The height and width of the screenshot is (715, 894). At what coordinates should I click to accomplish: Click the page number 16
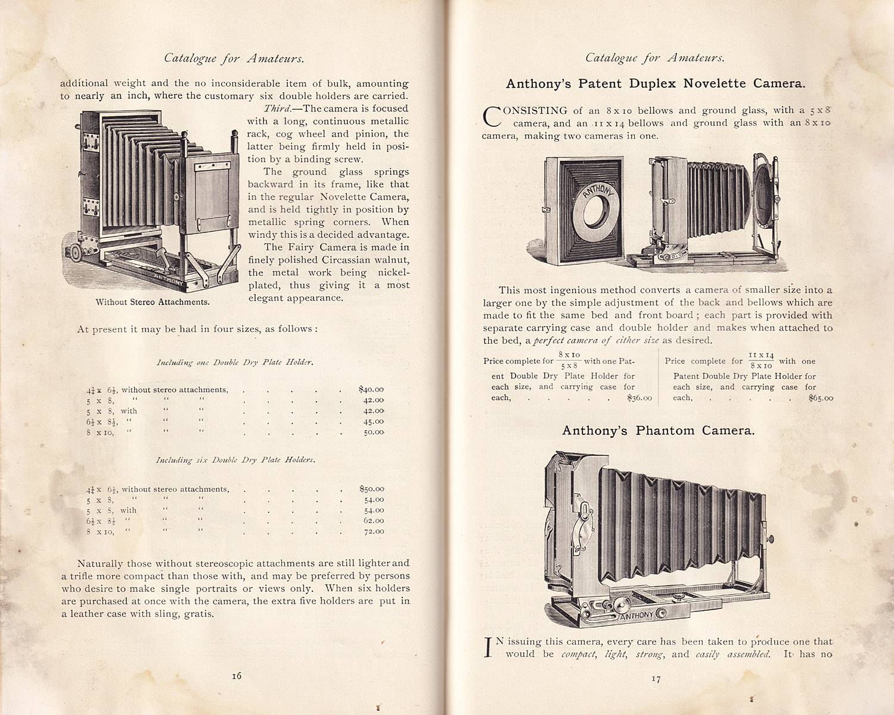click(237, 676)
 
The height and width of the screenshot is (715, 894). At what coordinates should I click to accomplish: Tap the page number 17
click(656, 679)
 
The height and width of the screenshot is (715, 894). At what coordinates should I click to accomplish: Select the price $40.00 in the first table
click(371, 390)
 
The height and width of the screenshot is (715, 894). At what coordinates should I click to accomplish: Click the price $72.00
click(374, 531)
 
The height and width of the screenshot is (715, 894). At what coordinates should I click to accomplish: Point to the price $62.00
click(374, 521)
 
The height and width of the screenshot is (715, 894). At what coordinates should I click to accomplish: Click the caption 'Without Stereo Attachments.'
click(153, 302)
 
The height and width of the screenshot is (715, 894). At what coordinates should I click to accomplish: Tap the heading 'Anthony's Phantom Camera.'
click(658, 430)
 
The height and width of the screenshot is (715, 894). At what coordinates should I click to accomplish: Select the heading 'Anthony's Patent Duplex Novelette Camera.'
click(656, 83)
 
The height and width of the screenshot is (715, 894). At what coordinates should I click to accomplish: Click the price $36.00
click(640, 398)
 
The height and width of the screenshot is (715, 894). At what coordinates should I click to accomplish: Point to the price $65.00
click(821, 398)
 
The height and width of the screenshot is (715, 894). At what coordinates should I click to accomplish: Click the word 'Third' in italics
click(277, 108)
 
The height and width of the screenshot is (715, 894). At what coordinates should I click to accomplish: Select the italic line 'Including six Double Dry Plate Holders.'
click(235, 460)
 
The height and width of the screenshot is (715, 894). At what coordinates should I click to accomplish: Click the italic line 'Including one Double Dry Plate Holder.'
click(235, 362)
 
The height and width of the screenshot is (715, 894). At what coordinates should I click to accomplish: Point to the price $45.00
click(374, 422)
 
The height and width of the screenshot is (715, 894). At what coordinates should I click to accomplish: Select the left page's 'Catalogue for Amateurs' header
click(234, 58)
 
